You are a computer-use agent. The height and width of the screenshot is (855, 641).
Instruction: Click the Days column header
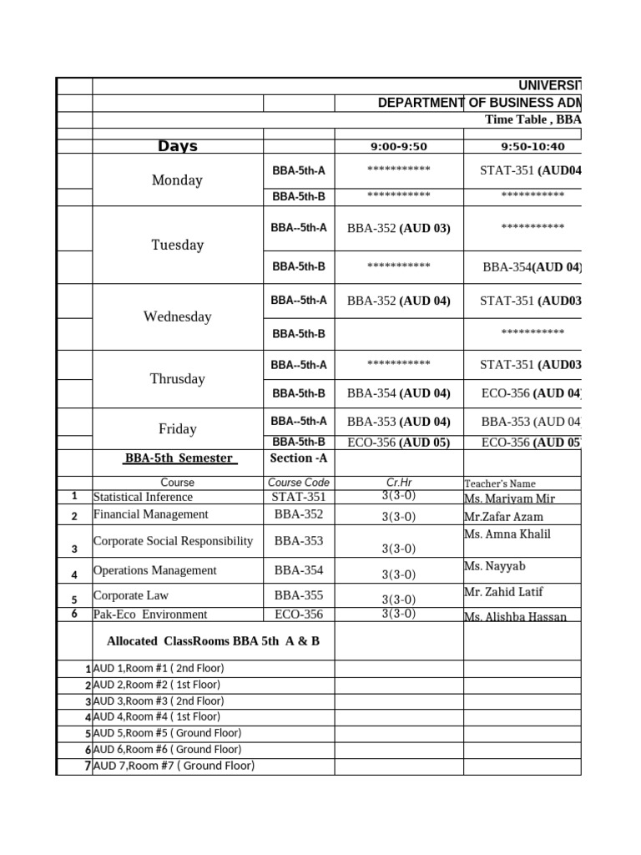coord(178,147)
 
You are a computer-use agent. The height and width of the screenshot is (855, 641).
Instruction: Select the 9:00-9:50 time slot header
coord(399,147)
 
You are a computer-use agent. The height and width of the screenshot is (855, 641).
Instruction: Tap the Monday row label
coord(177,180)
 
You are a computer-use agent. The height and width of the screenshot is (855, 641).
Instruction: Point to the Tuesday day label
coord(177,245)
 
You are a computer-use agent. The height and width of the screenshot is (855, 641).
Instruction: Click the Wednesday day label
coord(177,316)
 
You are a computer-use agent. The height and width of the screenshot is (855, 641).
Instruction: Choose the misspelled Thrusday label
coord(177,378)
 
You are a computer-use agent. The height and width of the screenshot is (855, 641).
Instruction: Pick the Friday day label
coord(177,428)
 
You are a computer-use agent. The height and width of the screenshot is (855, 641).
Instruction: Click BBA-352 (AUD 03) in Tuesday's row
coord(399,228)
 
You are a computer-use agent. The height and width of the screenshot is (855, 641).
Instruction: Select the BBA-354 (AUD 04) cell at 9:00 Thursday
coord(399,392)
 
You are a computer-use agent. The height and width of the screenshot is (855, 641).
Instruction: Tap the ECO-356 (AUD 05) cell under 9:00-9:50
coord(399,443)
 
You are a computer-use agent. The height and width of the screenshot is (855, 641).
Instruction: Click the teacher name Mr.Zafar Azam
coord(504,517)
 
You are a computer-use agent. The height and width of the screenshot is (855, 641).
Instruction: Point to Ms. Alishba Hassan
coord(515,617)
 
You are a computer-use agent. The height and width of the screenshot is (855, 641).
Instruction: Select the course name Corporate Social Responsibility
coord(173,541)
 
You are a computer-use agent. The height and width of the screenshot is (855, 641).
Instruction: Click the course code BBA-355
coord(299,595)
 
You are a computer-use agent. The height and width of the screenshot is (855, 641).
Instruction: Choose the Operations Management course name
coord(154,570)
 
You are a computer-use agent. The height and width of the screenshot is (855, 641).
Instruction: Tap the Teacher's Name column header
coord(499,483)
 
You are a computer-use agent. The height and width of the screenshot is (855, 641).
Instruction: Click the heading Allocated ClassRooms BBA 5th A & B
coord(214,641)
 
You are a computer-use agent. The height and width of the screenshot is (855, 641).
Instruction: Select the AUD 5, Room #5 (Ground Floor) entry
coord(167,733)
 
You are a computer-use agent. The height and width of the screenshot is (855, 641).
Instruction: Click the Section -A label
coord(299,458)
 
